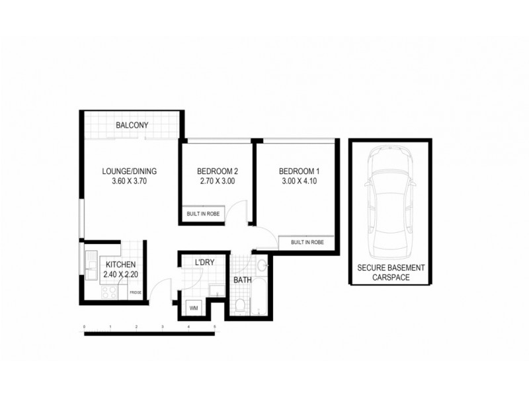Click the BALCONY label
132,125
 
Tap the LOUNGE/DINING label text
129,171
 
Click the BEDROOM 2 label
217,171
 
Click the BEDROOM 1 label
299,171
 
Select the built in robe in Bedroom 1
307,243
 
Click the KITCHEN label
120,265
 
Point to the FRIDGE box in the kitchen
135,292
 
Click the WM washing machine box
194,308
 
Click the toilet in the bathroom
241,305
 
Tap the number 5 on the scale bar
214,328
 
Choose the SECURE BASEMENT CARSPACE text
391,273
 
